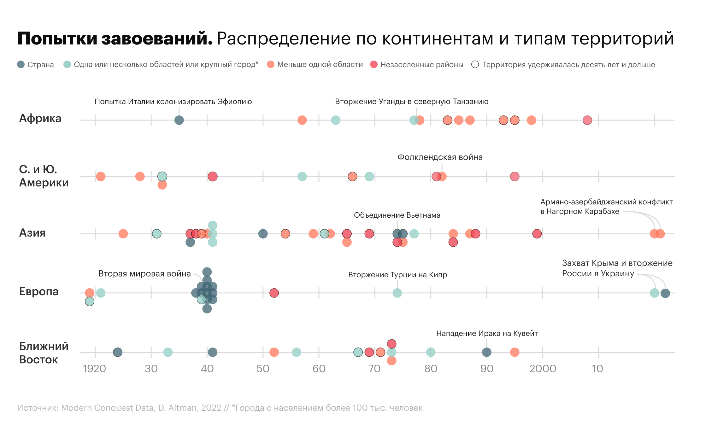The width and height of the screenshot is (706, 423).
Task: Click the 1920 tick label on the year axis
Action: coord(94,368)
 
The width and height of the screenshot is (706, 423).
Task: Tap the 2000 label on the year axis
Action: coord(543,368)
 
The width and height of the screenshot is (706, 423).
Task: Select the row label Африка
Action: coord(40,119)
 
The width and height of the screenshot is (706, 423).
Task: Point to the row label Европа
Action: coord(39,291)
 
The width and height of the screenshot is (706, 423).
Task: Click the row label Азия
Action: coord(32,233)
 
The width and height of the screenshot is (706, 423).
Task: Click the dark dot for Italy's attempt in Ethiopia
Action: coord(179,120)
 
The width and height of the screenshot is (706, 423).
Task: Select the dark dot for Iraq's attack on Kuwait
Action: coord(487,352)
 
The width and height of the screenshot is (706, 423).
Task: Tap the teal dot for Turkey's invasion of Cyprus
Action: coord(397,293)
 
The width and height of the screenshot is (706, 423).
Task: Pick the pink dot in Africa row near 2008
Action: coord(587,120)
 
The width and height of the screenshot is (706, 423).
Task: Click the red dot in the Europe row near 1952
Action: coord(274,293)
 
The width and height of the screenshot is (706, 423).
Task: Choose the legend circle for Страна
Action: coord(21,64)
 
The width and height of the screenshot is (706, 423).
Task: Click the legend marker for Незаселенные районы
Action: coord(374,64)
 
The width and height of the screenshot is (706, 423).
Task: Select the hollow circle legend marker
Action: coord(475,64)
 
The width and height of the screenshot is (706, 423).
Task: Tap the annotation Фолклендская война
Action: coord(440,157)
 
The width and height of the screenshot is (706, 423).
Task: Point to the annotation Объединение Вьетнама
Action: coord(397,215)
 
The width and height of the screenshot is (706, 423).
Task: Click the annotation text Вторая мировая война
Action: coord(144,273)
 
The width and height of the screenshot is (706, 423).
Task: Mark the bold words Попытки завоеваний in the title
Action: coord(115,39)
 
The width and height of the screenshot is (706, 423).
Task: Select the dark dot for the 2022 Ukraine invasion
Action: coord(665,293)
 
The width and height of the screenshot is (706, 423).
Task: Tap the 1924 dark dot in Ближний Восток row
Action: coord(117,352)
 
